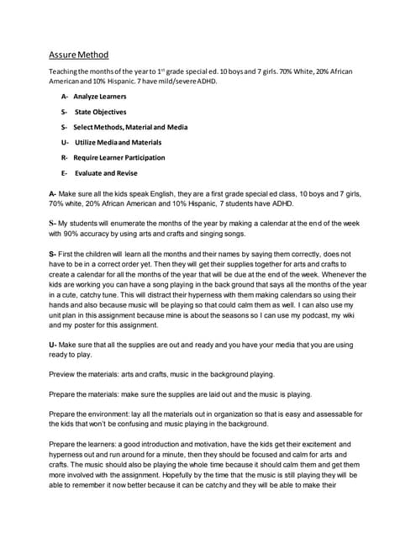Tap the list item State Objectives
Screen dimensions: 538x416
100,112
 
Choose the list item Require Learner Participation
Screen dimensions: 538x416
118,157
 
